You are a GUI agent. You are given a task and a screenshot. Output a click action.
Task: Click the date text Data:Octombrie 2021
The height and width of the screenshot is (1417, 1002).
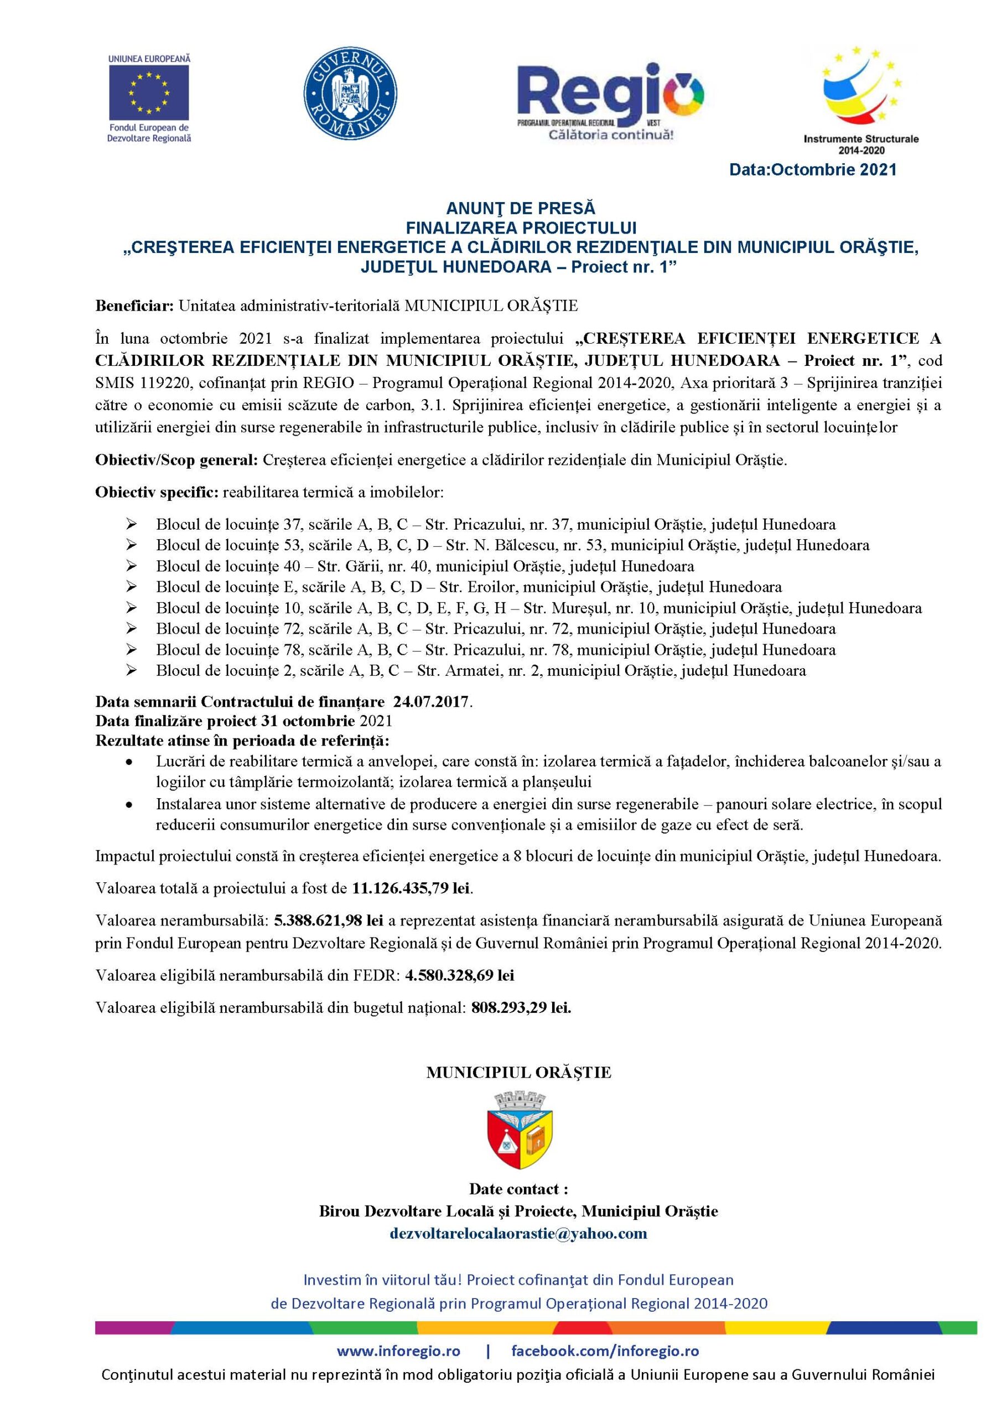point(813,170)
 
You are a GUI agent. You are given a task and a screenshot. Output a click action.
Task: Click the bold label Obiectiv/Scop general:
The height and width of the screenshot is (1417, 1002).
point(177,461)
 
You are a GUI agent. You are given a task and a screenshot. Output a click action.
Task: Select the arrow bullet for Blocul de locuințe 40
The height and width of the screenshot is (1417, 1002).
point(131,566)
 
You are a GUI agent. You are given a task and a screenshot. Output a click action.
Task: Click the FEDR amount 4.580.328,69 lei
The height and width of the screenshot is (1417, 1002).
point(460,976)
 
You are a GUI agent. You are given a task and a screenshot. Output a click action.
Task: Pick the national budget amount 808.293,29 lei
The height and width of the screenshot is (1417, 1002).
point(521,1008)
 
